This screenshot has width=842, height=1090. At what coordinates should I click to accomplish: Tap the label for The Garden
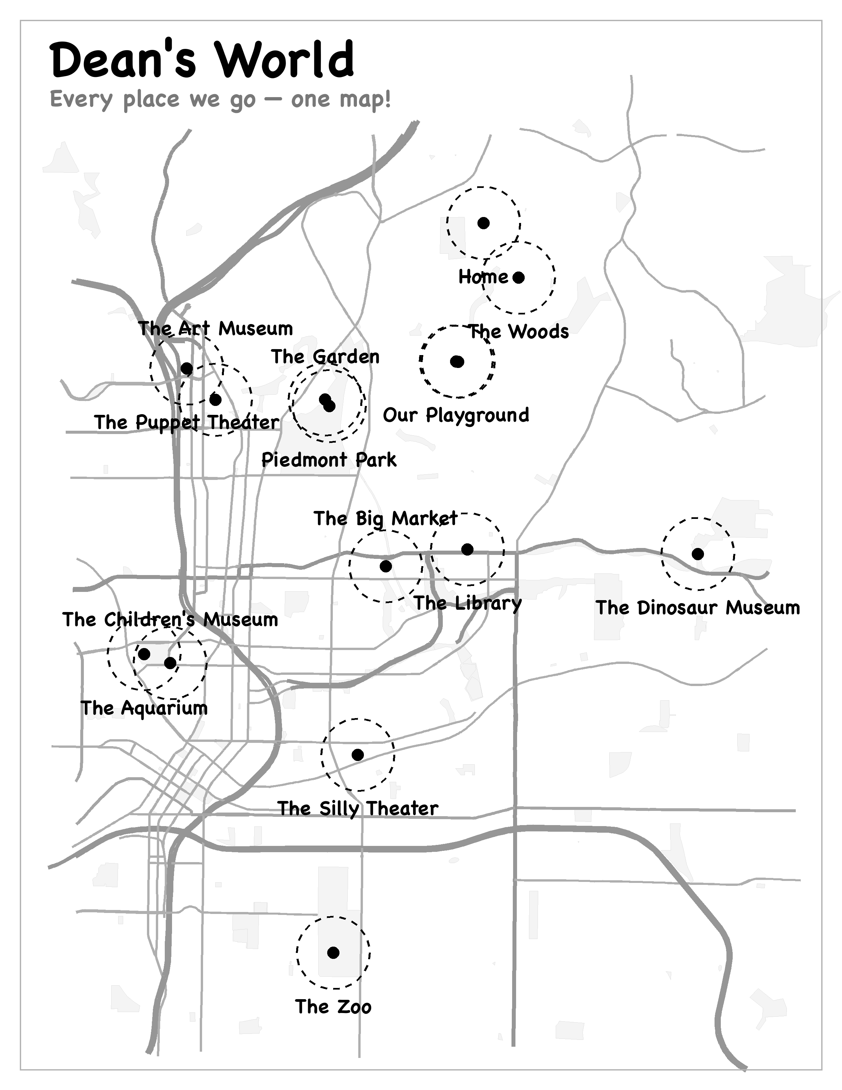click(325, 356)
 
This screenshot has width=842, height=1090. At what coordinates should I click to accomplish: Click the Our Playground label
click(456, 415)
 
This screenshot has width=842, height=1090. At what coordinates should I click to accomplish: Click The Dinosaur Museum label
click(698, 607)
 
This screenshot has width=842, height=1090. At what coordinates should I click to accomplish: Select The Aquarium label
click(144, 708)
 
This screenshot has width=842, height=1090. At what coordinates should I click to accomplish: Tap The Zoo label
click(333, 1007)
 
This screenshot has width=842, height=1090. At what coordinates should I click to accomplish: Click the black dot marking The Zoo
click(333, 953)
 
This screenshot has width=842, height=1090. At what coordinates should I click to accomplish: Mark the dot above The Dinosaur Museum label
click(698, 554)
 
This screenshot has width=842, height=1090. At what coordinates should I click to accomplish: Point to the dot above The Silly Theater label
click(358, 755)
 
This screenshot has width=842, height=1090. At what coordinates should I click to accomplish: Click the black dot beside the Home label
click(519, 277)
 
